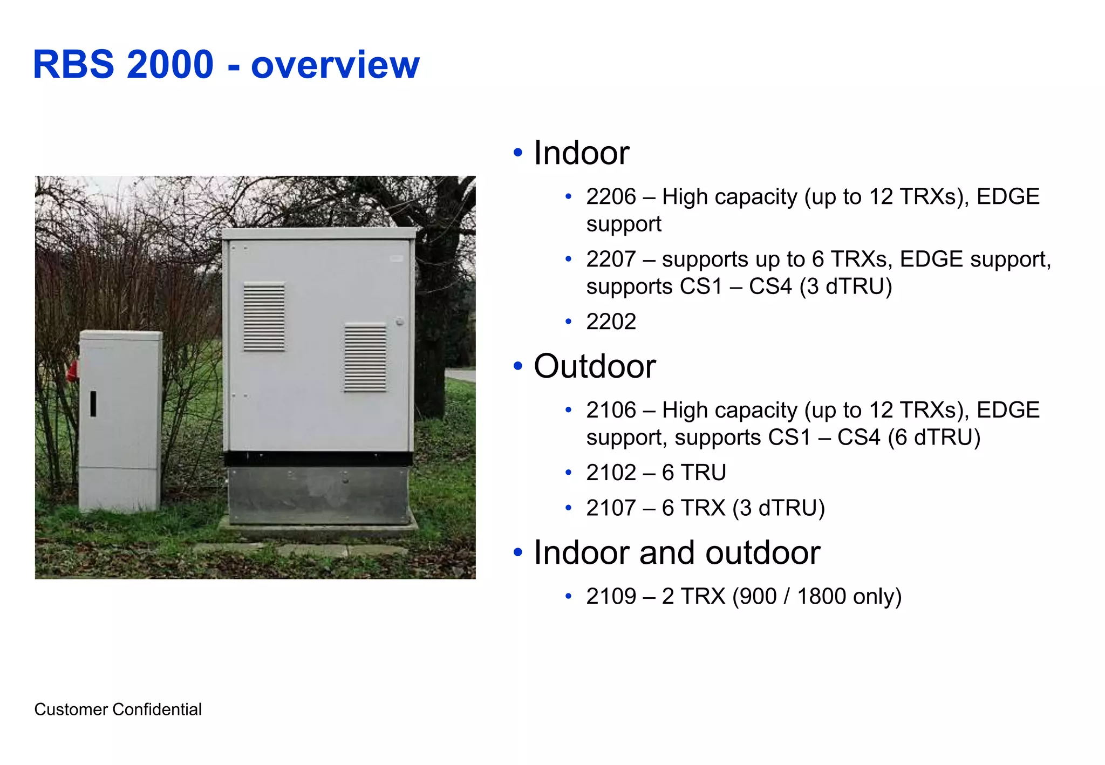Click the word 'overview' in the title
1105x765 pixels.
[x=335, y=65]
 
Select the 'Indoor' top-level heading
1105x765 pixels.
[x=581, y=153]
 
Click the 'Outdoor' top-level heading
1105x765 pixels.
[x=594, y=366]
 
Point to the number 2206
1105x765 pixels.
[x=611, y=197]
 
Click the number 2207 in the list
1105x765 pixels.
[x=611, y=259]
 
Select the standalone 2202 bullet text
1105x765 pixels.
[x=611, y=322]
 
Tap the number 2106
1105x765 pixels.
[x=611, y=411]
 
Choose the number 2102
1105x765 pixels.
[x=611, y=473]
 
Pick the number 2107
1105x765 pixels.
[x=611, y=508]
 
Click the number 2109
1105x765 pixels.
[x=611, y=597]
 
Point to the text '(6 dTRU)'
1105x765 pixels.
[x=934, y=438]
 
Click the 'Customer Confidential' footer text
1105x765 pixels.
[x=118, y=709]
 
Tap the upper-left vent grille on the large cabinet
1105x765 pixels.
[x=264, y=317]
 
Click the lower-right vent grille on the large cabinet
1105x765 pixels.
[x=365, y=357]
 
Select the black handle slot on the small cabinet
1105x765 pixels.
[x=93, y=404]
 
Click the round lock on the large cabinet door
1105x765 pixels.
[x=399, y=322]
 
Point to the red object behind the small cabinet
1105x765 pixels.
[x=72, y=371]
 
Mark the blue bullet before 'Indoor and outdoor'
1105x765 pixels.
[x=518, y=552]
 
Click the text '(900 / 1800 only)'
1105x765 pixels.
[x=816, y=597]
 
